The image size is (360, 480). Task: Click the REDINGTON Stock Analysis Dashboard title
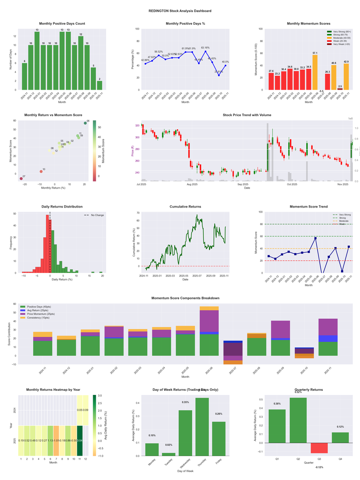point(180,11)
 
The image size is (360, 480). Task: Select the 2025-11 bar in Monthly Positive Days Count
point(99,85)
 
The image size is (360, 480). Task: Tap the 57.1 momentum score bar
point(315,72)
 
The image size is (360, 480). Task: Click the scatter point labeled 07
point(21,179)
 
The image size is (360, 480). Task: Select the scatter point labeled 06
point(85,123)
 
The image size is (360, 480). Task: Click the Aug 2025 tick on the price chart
point(192,184)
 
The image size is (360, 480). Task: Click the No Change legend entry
point(97,215)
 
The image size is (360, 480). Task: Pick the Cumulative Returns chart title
point(185,207)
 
